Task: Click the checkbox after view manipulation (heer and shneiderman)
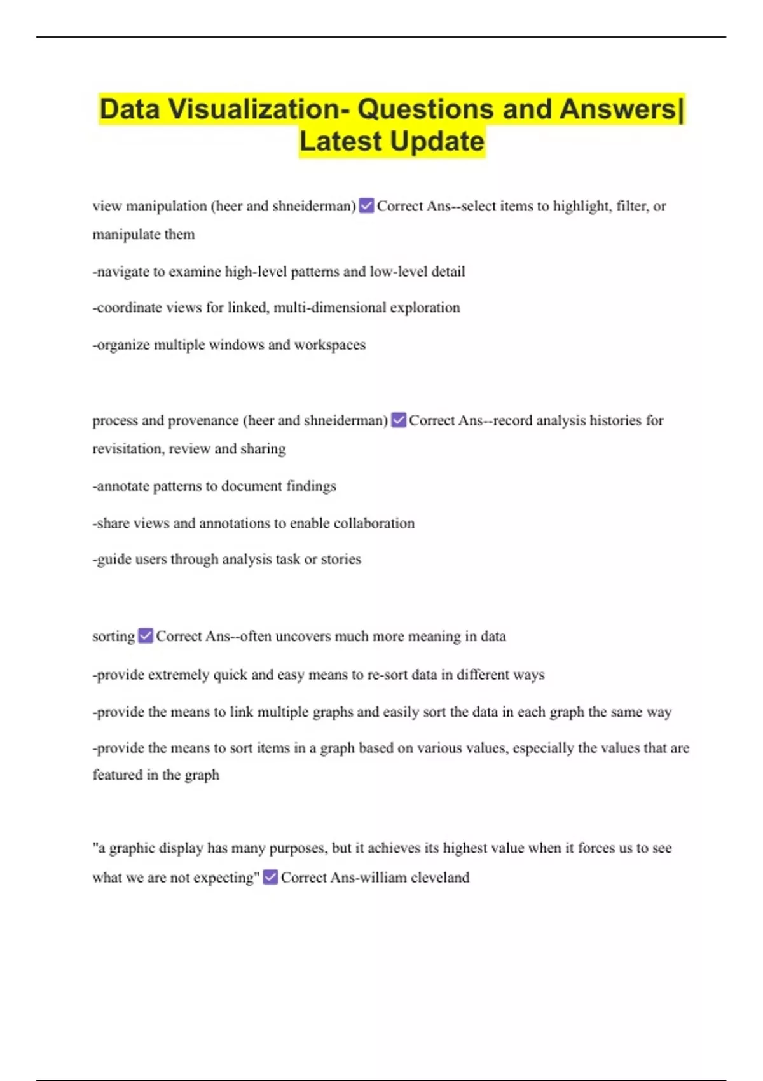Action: pyautogui.click(x=366, y=206)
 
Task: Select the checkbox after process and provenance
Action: pyautogui.click(x=399, y=420)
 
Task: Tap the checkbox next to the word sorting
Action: pyautogui.click(x=146, y=636)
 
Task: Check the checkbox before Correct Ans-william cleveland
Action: pyautogui.click(x=270, y=878)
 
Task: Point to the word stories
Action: pyautogui.click(x=341, y=560)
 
